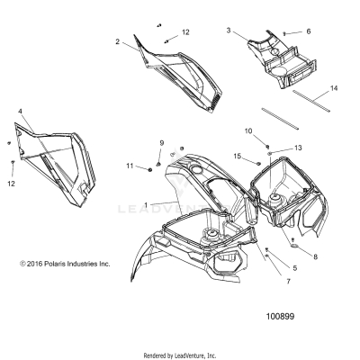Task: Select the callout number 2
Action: click(118, 41)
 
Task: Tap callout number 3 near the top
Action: click(229, 31)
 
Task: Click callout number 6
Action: click(308, 31)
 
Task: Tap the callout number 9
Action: click(162, 144)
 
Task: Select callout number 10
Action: click(248, 131)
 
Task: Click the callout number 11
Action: click(130, 166)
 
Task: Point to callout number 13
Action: click(299, 147)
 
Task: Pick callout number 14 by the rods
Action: click(334, 88)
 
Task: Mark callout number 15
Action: click(238, 157)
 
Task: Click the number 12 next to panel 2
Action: click(185, 32)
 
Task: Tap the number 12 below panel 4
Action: click(11, 184)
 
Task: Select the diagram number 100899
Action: click(282, 316)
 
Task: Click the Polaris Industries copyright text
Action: click(64, 264)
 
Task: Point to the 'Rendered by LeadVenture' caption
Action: click(180, 354)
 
